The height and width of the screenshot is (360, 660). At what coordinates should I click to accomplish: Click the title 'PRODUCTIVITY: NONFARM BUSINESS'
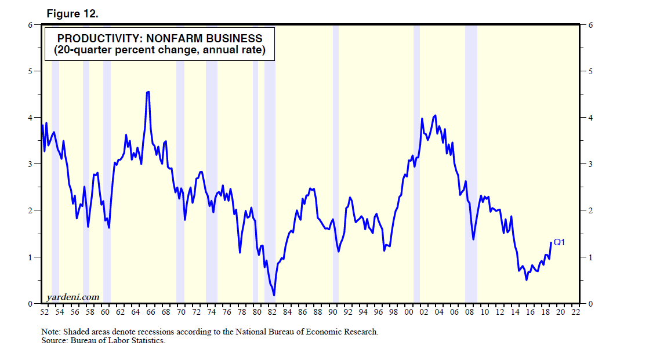(159, 39)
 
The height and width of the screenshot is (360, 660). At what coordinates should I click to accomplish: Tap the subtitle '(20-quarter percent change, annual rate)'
(159, 50)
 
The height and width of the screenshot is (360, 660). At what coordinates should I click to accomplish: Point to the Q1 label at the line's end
(559, 242)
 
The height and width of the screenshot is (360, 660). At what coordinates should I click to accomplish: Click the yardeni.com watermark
(72, 297)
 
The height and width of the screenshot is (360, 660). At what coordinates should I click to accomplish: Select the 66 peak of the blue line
(148, 92)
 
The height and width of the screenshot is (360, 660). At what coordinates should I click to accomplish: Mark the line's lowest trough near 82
(274, 295)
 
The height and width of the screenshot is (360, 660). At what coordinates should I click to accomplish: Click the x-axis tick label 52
(44, 312)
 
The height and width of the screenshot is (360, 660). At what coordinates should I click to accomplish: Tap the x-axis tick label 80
(257, 312)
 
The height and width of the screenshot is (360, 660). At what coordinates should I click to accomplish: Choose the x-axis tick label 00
(409, 312)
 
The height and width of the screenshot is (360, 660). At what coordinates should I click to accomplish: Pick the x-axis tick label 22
(575, 312)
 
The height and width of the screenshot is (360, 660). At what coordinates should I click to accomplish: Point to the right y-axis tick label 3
(590, 164)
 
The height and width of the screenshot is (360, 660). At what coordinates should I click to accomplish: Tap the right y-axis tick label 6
(590, 25)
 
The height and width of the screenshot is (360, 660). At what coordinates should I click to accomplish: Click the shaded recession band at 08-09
(471, 174)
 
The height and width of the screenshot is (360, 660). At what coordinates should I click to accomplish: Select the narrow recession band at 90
(335, 174)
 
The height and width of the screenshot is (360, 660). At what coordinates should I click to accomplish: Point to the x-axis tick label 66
(151, 312)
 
